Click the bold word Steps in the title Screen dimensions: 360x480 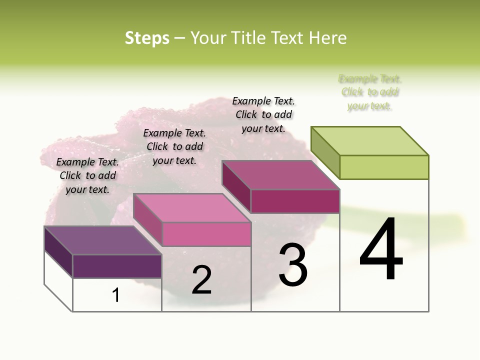pos(147,38)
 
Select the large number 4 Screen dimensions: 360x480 pos(381,249)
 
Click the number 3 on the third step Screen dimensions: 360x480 pos(293,265)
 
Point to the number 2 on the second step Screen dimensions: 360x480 pos(201,280)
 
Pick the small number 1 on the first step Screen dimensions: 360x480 pos(116,295)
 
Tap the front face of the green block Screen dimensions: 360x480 pos(384,167)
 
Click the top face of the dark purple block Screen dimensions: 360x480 pos(103,240)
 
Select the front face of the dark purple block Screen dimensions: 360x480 pos(117,266)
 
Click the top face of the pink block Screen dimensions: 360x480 pos(192,208)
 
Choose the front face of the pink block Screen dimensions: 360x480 pos(206,234)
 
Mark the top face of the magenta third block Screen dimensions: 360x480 pos(281,175)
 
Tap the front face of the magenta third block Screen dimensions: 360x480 pos(295,201)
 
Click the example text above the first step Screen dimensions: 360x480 pos(87,175)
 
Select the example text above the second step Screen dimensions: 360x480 pos(174,146)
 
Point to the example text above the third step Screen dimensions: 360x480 pos(263,114)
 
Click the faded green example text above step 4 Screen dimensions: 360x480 pos(370,92)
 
